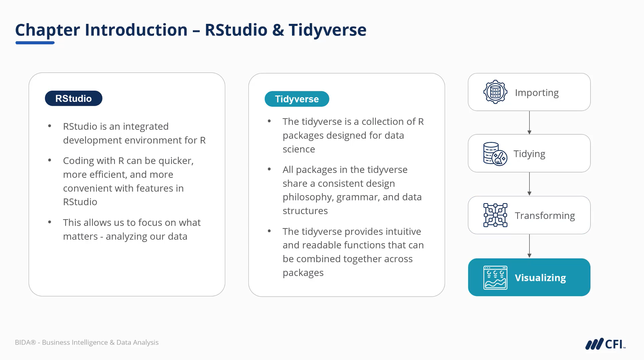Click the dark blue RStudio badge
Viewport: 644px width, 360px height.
(74, 98)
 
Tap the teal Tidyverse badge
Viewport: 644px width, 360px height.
(297, 99)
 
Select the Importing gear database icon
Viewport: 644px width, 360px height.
(495, 92)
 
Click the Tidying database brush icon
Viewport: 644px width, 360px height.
(495, 154)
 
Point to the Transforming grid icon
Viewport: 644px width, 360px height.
(495, 215)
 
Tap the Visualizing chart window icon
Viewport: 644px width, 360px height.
(495, 277)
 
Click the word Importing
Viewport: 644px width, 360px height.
(537, 93)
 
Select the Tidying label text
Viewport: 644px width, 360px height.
(529, 154)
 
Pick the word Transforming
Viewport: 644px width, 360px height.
(545, 215)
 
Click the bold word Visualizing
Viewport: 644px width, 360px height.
(540, 278)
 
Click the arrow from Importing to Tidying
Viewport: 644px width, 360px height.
(529, 123)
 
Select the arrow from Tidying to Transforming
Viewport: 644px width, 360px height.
(529, 184)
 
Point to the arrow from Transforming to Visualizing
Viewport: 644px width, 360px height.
(529, 246)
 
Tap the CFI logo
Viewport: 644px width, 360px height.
(605, 344)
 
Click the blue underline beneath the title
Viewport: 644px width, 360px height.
(35, 43)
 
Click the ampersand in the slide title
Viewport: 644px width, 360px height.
(278, 30)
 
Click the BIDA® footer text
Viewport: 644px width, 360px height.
(87, 342)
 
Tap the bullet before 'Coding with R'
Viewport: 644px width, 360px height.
(50, 160)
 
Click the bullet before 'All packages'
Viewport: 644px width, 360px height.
(269, 169)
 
